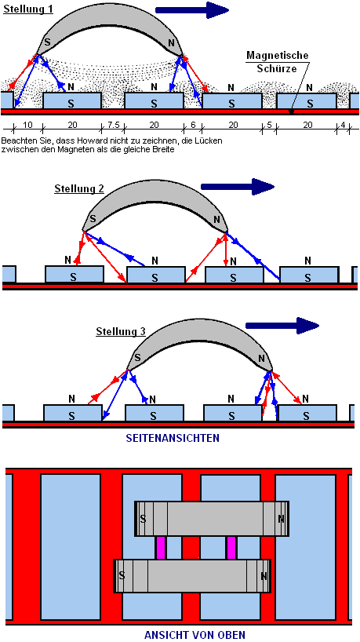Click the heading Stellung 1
tap(28, 9)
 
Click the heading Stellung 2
tap(79, 188)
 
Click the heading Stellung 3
tap(121, 331)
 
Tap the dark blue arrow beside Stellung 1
tap(192, 10)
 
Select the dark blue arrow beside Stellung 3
tap(282, 326)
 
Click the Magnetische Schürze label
tap(277, 61)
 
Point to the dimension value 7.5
tap(112, 125)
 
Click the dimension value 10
tap(27, 125)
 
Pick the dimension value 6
tap(193, 125)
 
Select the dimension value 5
tap(269, 125)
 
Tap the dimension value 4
tap(343, 125)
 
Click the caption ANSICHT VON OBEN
tap(195, 635)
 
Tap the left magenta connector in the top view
tap(162, 548)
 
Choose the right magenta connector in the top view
tap(232, 548)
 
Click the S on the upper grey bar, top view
tap(143, 519)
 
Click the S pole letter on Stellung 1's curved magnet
tap(47, 42)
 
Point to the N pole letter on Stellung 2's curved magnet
tap(217, 218)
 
